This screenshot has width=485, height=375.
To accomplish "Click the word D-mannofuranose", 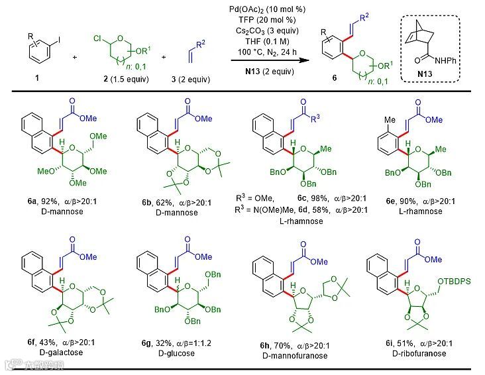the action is click(x=295, y=354).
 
